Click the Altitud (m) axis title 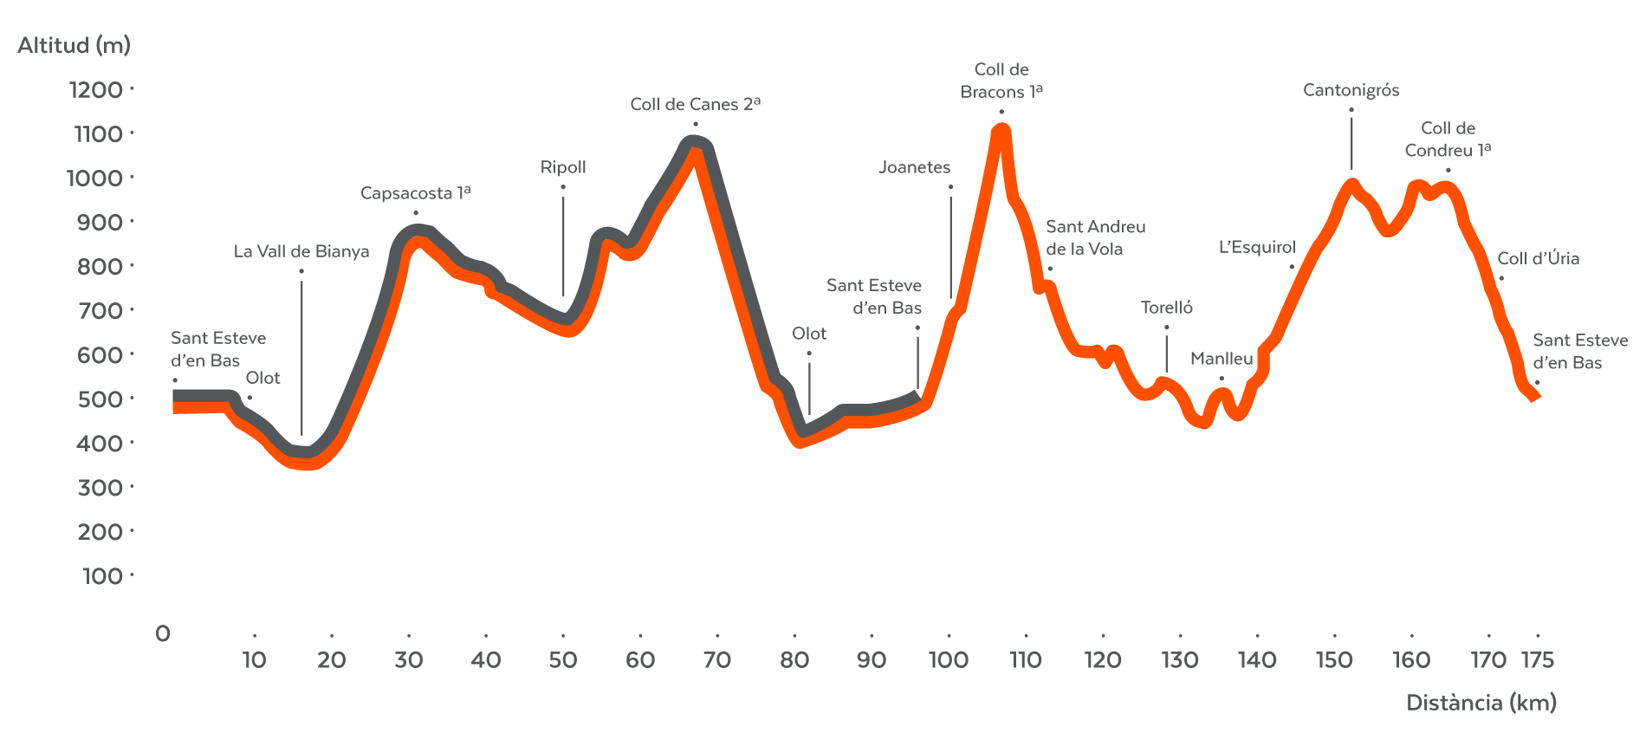point(74,45)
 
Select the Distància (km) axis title point(1481,703)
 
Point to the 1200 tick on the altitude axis point(96,89)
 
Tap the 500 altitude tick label point(100,399)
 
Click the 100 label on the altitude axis point(102,576)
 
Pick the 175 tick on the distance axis point(1538,660)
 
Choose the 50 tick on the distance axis point(563,660)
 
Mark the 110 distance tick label point(1026,660)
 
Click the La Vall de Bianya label point(301,251)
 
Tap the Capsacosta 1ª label point(415,192)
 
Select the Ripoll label point(563,167)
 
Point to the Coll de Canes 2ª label point(695,104)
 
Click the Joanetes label point(914,167)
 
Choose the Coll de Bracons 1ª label point(1001,81)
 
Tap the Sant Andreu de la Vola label point(1095,237)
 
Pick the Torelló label point(1166,308)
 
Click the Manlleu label point(1222,359)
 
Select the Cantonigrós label point(1351,90)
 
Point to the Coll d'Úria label point(1538,258)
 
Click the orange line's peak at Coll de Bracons point(1001,131)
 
